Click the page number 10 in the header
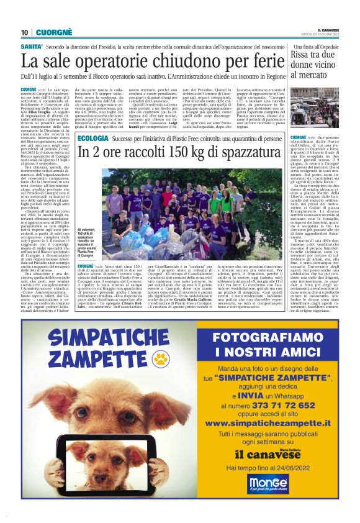25,32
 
